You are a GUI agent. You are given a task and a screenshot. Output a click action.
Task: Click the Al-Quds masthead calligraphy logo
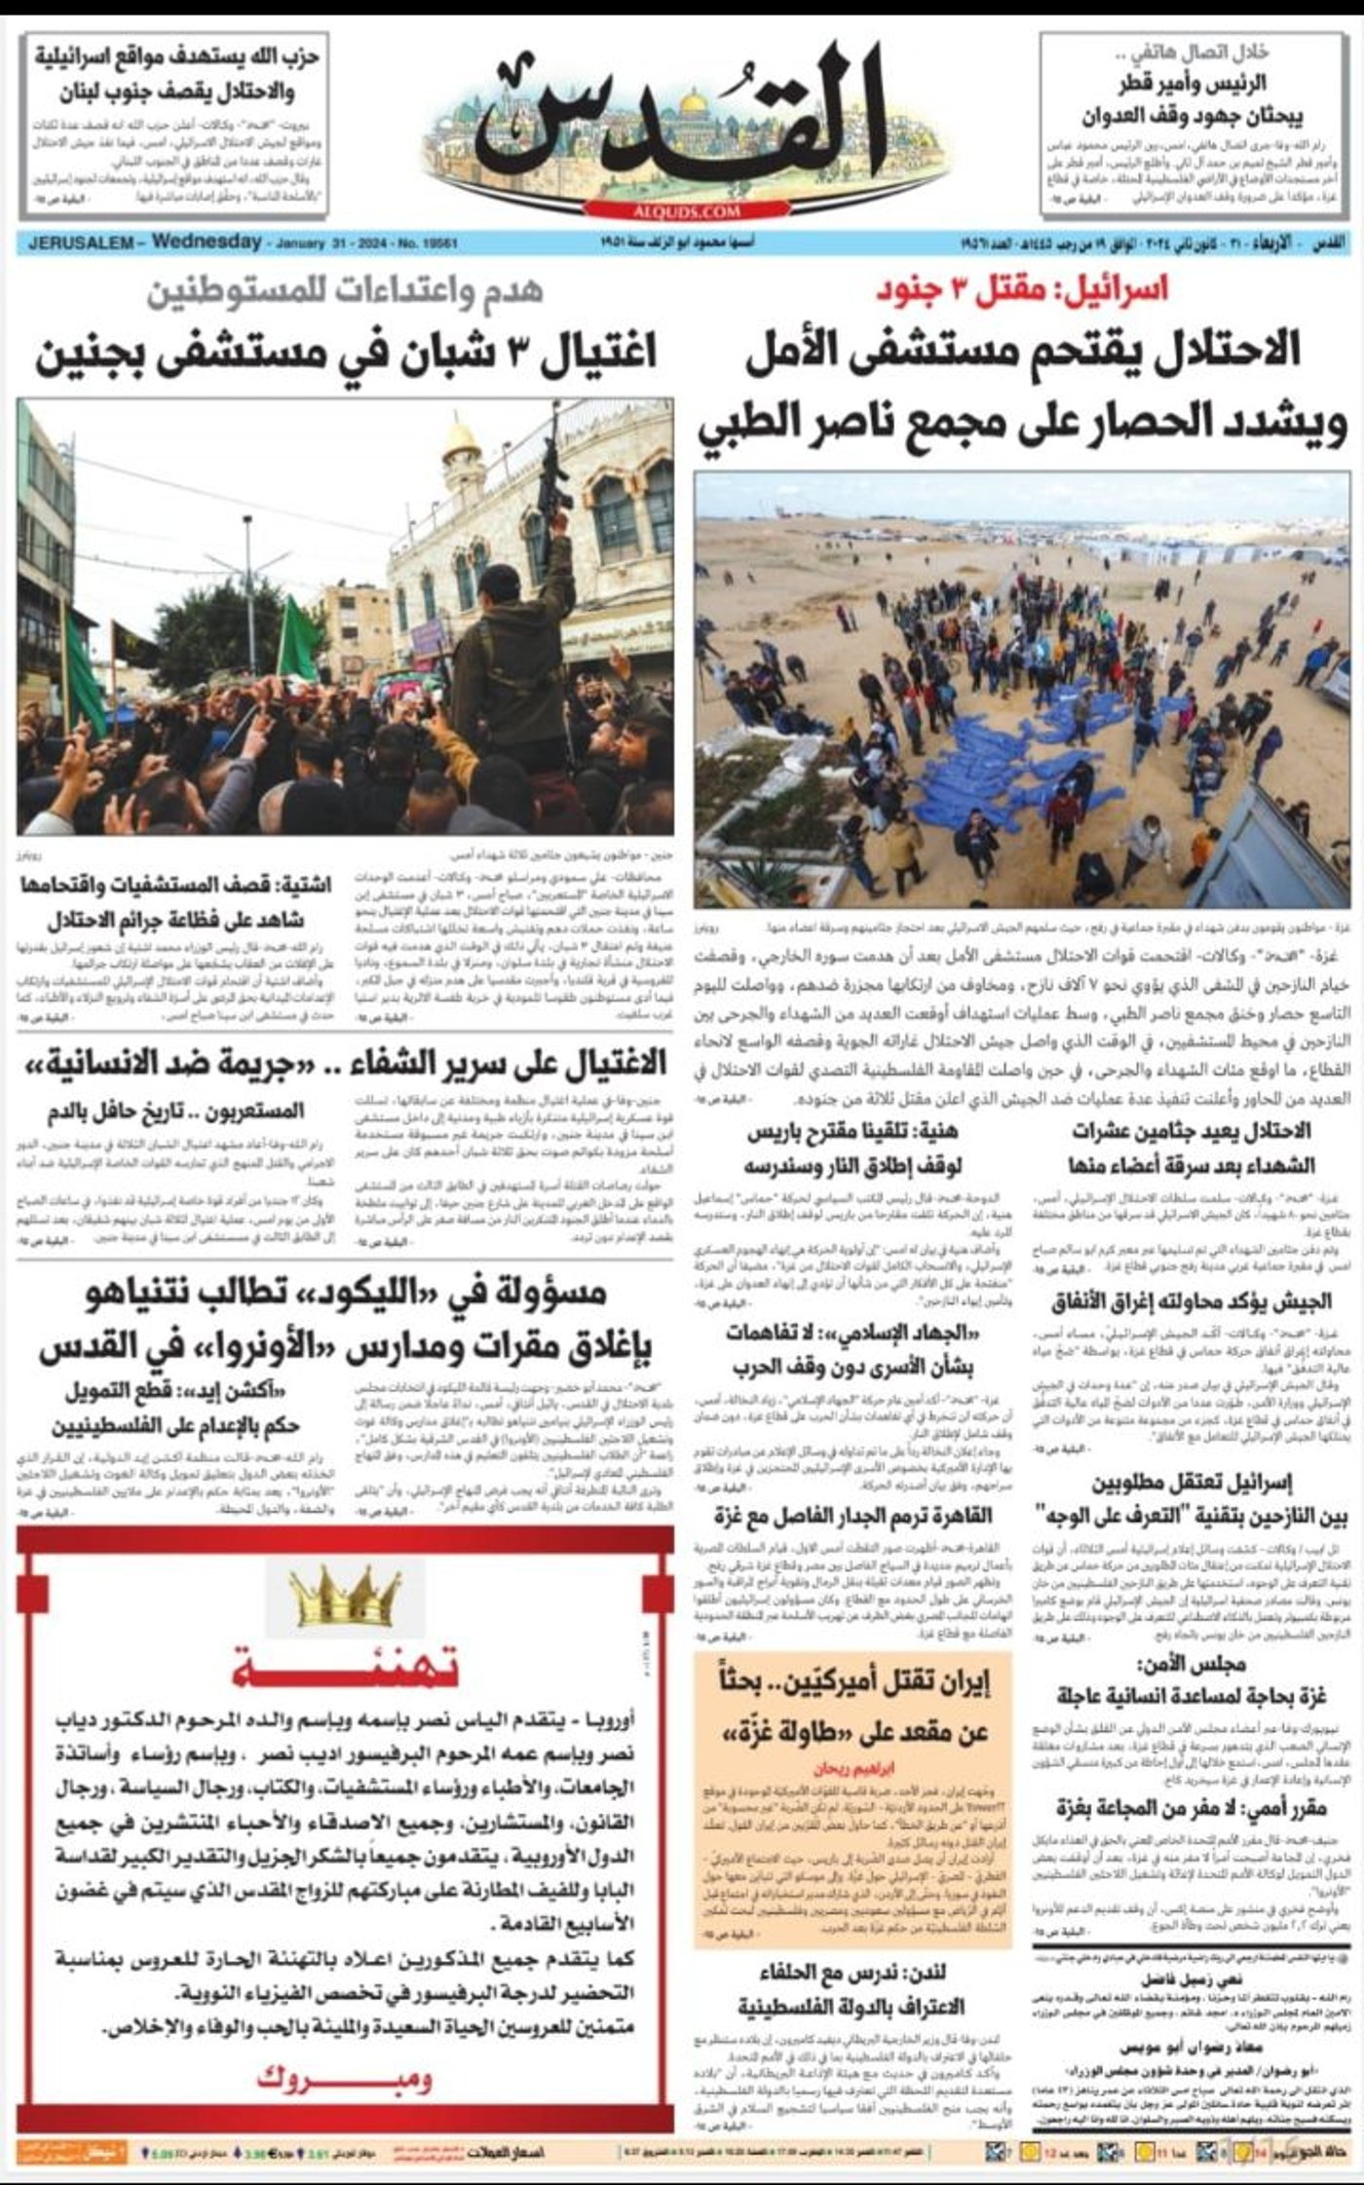[x=682, y=117]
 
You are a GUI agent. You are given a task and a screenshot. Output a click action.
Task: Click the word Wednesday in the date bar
[x=207, y=242]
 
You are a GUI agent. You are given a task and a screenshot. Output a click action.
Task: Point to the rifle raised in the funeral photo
[x=555, y=468]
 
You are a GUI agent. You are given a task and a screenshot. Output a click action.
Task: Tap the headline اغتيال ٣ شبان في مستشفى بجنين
[x=346, y=351]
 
